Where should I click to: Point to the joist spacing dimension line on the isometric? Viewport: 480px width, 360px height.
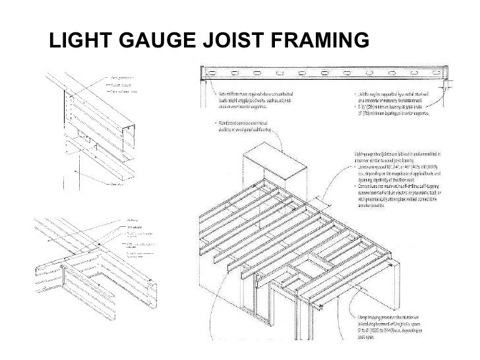click(x=323, y=198)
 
